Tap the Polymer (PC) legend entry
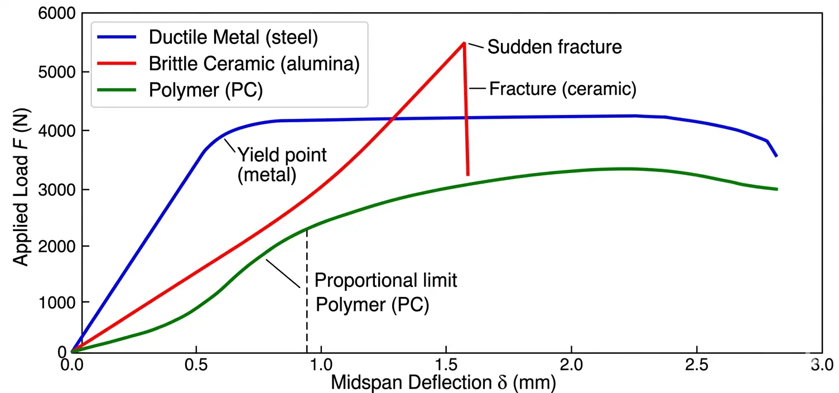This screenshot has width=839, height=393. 205,90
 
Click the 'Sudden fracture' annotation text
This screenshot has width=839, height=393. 554,47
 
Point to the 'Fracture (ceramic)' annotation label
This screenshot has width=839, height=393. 562,89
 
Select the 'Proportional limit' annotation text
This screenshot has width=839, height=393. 386,280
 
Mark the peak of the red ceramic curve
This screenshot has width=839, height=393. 464,43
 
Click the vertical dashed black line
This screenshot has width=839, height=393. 307,290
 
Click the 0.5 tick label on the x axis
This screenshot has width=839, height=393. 195,366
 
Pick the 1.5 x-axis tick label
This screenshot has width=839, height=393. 446,366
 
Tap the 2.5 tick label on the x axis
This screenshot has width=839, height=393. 697,366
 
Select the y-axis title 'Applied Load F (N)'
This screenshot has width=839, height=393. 21,184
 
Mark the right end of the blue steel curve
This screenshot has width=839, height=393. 777,156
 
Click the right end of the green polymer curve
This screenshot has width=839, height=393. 777,189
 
